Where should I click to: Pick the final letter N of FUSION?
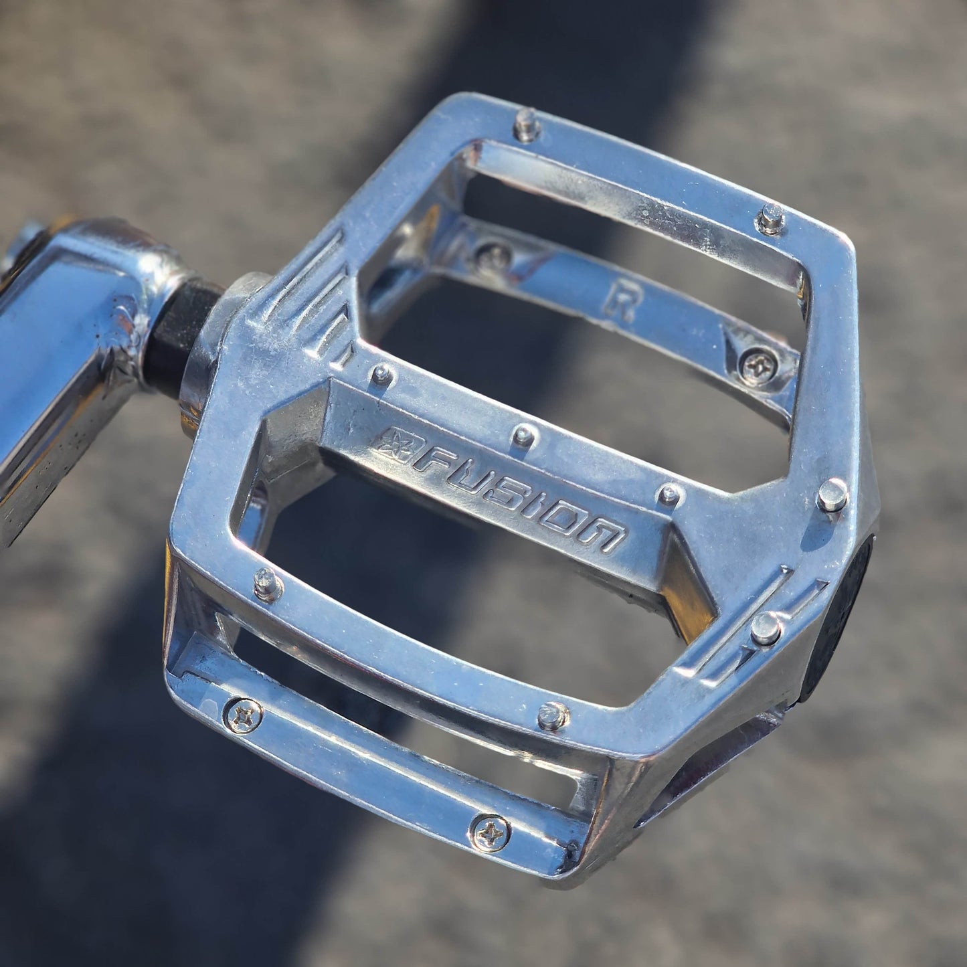tap(605, 535)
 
